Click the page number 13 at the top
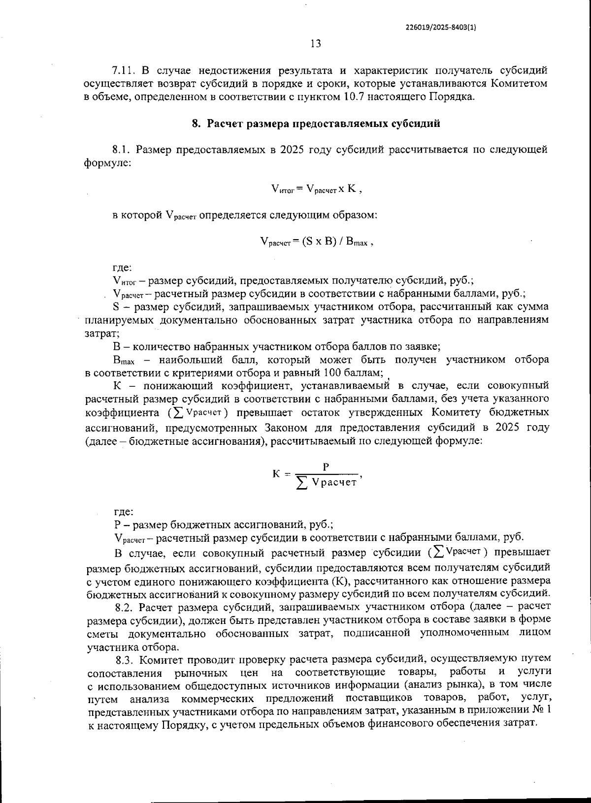(x=316, y=44)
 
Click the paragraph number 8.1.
(x=122, y=150)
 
